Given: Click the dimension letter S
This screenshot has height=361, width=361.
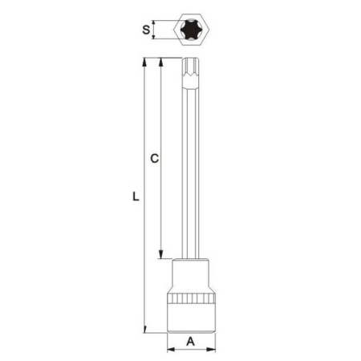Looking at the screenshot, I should tap(146, 30).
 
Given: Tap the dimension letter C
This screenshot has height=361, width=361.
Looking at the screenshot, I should tap(154, 159).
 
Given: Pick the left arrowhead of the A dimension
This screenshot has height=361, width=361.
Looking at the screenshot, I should tap(171, 349).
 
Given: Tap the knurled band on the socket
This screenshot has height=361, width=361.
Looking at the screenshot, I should tap(192, 301).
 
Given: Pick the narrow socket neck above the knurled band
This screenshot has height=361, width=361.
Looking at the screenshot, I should tap(192, 277).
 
